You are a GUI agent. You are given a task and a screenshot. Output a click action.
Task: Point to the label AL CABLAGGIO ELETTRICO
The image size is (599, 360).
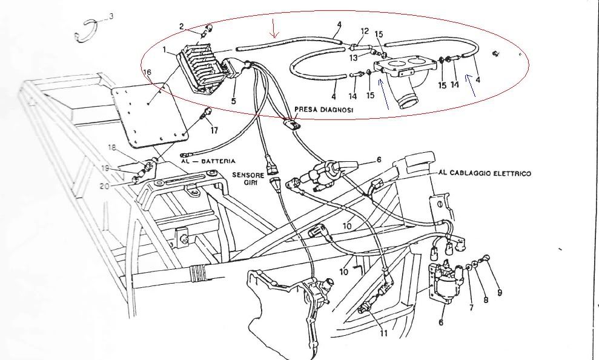click(484, 173)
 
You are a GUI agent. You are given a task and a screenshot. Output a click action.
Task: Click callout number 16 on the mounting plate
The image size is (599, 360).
click(147, 72)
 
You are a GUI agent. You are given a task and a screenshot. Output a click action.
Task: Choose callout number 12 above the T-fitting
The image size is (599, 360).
click(365, 30)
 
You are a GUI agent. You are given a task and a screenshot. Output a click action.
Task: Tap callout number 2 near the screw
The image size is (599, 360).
click(181, 25)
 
